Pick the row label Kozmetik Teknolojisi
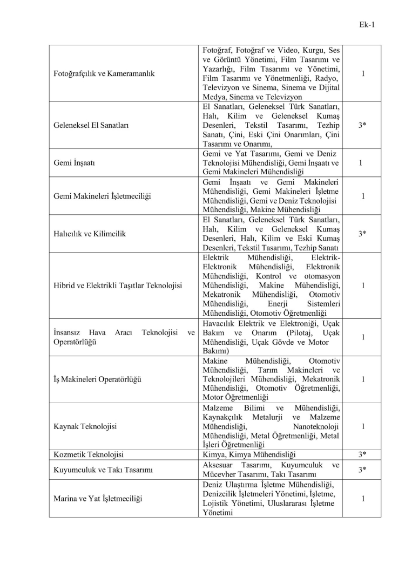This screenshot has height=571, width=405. click(86, 454)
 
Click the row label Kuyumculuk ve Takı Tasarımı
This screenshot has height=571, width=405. click(102, 470)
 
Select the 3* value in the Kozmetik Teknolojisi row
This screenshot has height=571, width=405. click(363, 454)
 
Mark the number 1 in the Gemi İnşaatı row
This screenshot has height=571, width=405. click(363, 162)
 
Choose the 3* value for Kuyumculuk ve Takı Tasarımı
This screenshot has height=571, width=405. click(363, 470)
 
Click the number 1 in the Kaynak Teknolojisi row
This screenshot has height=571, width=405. click(363, 426)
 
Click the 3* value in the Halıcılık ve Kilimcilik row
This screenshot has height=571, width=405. click(363, 234)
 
